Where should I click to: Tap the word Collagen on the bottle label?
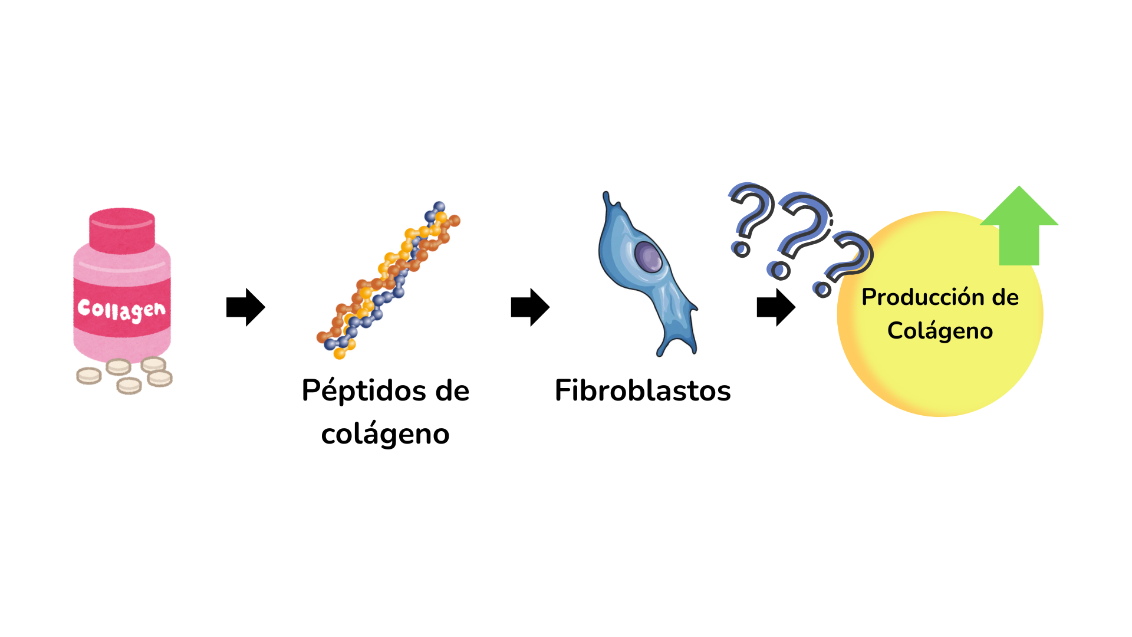click(x=121, y=309)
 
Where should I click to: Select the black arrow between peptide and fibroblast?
click(x=530, y=307)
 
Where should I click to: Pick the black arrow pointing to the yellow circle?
click(x=776, y=307)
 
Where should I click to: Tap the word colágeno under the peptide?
click(x=385, y=434)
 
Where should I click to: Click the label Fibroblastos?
click(x=643, y=390)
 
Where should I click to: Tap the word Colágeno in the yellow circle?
click(x=940, y=331)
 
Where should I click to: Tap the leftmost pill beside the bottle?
click(x=89, y=376)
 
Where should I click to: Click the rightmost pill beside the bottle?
click(x=160, y=378)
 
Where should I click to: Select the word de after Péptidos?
click(x=452, y=391)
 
